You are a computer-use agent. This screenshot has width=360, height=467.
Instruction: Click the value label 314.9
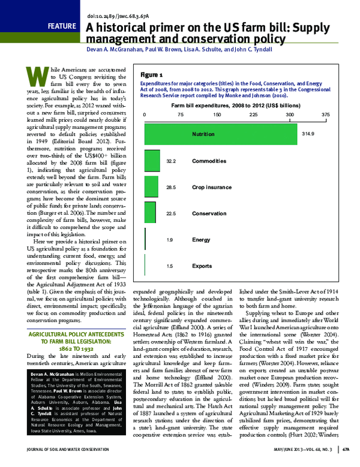pyautogui.click(x=309, y=134)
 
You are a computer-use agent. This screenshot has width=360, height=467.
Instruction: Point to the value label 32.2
pyautogui.click(x=170, y=161)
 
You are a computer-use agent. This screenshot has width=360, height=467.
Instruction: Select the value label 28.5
pyautogui.click(x=170, y=188)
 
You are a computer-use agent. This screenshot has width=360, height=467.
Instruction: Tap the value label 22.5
pyautogui.click(x=170, y=213)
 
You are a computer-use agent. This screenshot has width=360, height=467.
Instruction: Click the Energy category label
pyautogui.click(x=200, y=240)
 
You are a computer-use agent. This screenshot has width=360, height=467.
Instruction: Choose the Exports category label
pyautogui.click(x=202, y=266)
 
